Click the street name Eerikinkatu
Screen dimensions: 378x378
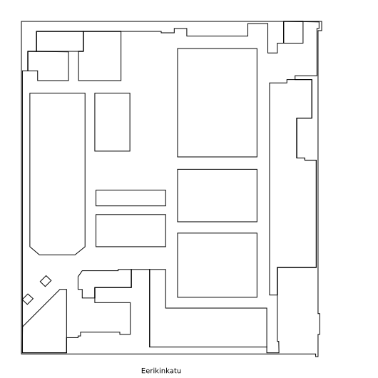pyautogui.click(x=161, y=371)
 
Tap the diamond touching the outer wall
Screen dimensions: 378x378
pyautogui.click(x=28, y=299)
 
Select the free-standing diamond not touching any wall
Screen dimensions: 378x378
pyautogui.click(x=46, y=281)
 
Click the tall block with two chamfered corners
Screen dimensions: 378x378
pyautogui.click(x=57, y=173)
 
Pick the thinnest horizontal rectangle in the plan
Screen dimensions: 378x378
pyautogui.click(x=131, y=198)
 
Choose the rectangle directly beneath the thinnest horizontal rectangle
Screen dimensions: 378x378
pyautogui.click(x=131, y=230)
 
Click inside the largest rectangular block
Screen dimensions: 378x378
pyautogui.click(x=218, y=103)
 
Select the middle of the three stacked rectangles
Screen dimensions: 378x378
pyautogui.click(x=218, y=195)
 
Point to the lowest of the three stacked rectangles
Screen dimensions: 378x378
pyautogui.click(x=218, y=265)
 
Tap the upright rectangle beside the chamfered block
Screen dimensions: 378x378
pyautogui.click(x=113, y=122)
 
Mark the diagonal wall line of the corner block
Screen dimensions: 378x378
pyautogui.click(x=41, y=308)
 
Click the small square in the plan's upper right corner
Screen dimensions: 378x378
pyautogui.click(x=293, y=32)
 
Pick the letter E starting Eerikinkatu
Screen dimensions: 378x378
pyautogui.click(x=143, y=371)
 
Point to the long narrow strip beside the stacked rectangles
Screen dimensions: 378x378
pyautogui.click(x=273, y=189)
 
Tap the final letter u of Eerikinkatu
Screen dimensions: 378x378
pyautogui.click(x=179, y=371)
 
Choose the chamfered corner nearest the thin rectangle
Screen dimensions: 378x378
pyautogui.click(x=80, y=251)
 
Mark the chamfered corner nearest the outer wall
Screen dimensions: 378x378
pyautogui.click(x=34, y=251)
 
